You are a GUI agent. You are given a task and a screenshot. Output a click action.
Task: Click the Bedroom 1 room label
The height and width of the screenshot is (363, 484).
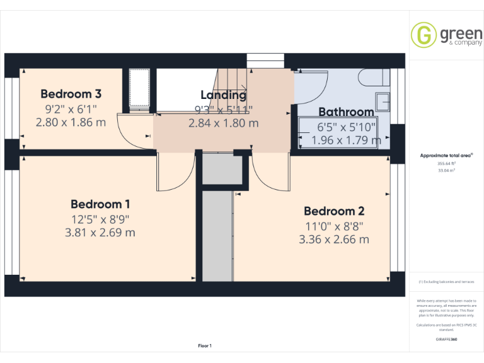[x=100, y=204]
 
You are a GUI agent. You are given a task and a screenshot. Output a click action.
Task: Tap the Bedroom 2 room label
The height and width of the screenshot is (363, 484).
[x=334, y=211]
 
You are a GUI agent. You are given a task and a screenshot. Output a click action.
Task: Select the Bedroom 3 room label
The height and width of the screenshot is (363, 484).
[x=71, y=94]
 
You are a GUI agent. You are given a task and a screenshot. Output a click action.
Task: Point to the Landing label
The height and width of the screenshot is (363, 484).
[x=223, y=95]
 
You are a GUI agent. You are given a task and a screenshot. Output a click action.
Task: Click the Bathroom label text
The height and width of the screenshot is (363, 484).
[x=346, y=112]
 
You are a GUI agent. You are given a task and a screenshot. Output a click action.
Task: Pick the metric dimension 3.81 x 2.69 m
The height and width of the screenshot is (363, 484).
[x=100, y=233]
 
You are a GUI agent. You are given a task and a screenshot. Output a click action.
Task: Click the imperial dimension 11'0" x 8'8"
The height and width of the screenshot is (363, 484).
[x=334, y=226]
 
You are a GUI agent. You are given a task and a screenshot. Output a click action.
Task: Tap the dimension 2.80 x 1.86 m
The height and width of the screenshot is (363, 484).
[x=71, y=122]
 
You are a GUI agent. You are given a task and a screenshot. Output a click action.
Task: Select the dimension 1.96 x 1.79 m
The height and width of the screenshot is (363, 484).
[x=347, y=140]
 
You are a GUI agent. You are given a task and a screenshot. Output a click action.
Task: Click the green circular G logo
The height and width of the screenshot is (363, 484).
[x=423, y=35]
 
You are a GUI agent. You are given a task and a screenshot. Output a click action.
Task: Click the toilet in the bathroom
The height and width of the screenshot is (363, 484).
[x=372, y=78]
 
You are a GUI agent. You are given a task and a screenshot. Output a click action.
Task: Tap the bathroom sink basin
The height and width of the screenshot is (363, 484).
[x=383, y=101]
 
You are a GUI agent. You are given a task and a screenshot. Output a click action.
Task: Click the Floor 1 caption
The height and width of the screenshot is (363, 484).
[x=205, y=345]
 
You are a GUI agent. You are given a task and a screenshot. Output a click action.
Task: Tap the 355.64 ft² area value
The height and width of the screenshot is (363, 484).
[x=446, y=163]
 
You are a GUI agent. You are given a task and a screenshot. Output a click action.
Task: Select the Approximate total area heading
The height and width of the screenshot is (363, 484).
[x=446, y=155]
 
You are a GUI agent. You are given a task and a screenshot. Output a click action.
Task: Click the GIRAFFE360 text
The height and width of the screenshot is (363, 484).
[x=446, y=340]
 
